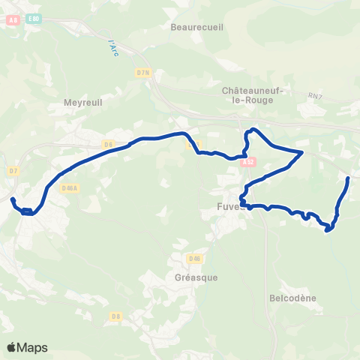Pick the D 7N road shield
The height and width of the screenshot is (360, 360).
click(x=144, y=72)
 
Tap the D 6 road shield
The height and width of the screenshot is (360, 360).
click(x=108, y=144)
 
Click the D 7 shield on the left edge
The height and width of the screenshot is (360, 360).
click(x=13, y=171)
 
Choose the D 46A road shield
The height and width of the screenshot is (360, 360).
click(x=70, y=187)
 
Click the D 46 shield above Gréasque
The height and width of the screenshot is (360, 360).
click(x=195, y=259)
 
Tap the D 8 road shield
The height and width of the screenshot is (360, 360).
click(x=115, y=316)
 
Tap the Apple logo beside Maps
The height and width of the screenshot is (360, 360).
click(x=11, y=347)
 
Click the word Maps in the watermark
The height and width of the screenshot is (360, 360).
click(x=32, y=347)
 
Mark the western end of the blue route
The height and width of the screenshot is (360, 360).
click(x=12, y=199)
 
